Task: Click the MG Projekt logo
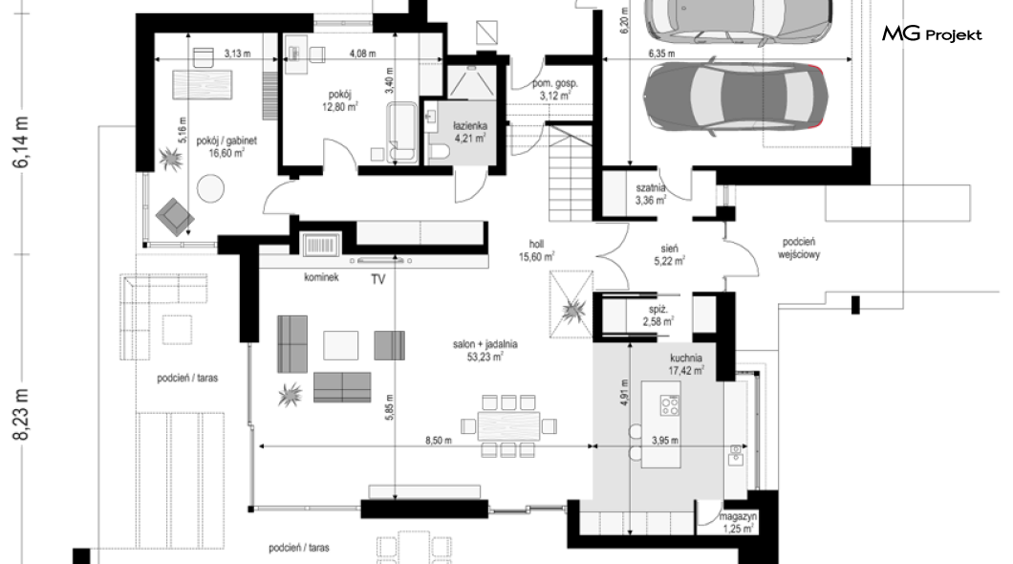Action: click(932, 34)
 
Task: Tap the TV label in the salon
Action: click(377, 279)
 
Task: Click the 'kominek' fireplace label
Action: click(321, 277)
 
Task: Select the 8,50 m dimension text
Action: click(438, 441)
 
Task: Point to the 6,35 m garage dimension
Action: click(661, 54)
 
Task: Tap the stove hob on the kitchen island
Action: click(670, 405)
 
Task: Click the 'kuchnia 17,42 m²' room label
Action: click(686, 364)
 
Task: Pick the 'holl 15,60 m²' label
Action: click(537, 250)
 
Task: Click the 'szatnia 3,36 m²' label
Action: click(651, 194)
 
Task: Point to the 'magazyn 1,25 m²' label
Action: click(738, 523)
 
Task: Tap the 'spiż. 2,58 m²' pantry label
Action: click(658, 315)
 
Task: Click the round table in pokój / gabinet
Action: click(210, 188)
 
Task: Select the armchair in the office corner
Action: click(175, 217)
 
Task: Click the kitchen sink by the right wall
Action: click(735, 455)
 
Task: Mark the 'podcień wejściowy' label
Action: click(799, 249)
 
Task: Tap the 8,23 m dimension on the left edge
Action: click(21, 414)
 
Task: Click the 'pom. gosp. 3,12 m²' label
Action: click(555, 90)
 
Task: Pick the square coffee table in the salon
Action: click(340, 345)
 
